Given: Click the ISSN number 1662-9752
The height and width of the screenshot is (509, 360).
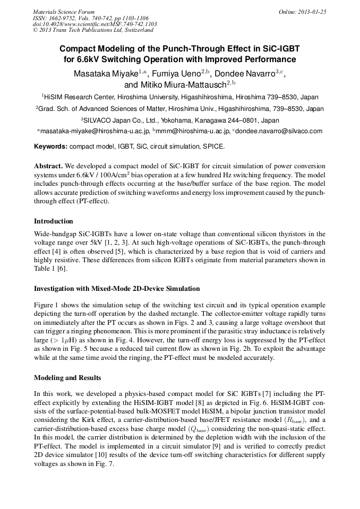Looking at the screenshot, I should click(x=65, y=18).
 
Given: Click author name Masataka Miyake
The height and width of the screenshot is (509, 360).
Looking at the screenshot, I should click(x=106, y=73).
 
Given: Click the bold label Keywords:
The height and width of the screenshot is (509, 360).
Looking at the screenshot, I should click(x=51, y=146).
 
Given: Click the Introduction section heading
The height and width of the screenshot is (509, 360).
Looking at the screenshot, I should click(x=54, y=221).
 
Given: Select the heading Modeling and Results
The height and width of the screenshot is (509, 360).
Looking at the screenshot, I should click(x=67, y=378).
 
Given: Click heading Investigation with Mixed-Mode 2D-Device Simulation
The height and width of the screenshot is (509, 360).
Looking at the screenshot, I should click(x=117, y=289).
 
